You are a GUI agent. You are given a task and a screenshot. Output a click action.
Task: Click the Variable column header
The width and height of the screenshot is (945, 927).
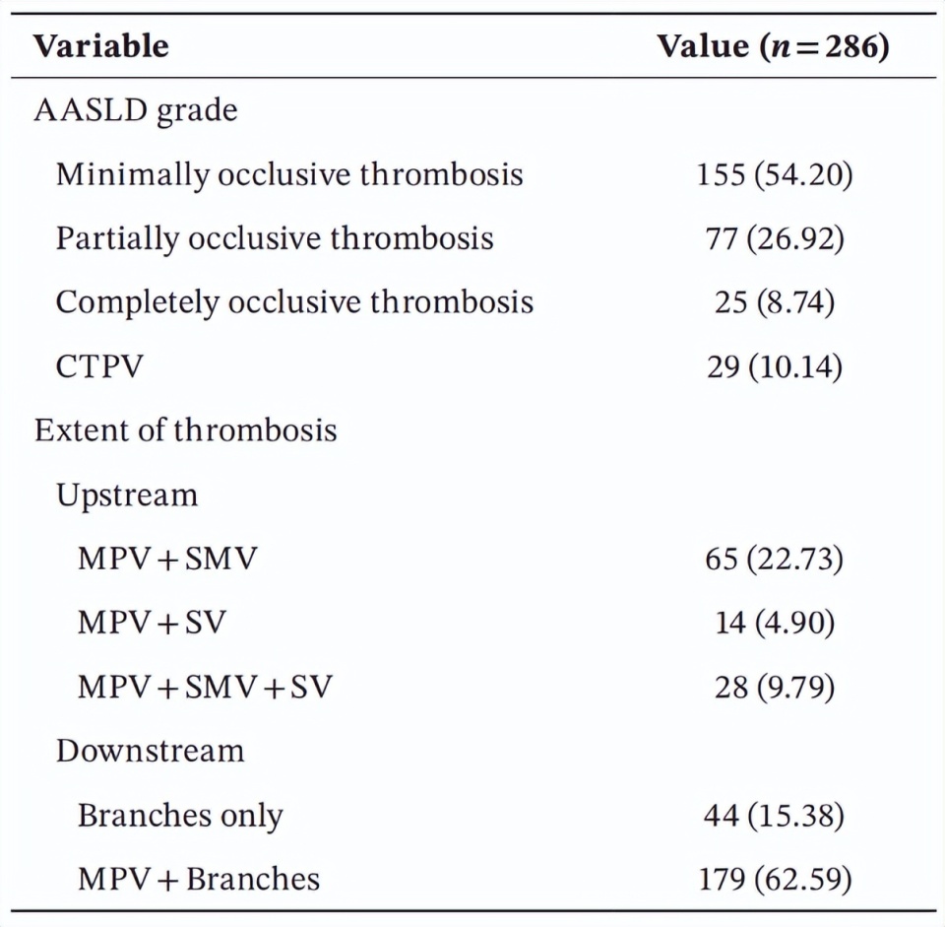[x=101, y=46]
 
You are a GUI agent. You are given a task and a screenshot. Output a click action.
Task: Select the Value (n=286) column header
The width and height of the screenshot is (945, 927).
[x=774, y=46]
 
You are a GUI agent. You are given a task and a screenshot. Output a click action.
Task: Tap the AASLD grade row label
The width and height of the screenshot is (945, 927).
[x=136, y=109]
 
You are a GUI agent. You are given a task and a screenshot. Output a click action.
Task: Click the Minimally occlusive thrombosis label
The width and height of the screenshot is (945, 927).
[x=289, y=174]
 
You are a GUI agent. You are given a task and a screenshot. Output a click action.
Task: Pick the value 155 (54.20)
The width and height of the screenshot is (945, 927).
[x=775, y=174]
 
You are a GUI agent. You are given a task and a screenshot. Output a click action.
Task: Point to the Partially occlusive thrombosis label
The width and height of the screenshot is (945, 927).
[x=275, y=238]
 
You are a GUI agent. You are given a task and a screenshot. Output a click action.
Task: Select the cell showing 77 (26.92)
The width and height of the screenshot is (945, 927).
[x=775, y=238]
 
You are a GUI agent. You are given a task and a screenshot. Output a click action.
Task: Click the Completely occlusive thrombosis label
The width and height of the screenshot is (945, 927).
[x=294, y=302]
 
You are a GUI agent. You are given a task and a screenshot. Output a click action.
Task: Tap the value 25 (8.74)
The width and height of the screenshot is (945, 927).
[x=775, y=302]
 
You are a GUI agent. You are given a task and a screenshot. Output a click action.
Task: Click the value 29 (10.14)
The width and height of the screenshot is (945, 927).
[x=775, y=366]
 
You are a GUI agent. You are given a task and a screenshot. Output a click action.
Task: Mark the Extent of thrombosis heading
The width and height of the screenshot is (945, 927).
[x=186, y=430]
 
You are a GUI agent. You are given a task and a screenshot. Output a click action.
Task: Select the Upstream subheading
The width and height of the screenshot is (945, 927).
[x=127, y=495]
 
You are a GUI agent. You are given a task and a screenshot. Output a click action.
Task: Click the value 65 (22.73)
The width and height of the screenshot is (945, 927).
[x=775, y=559]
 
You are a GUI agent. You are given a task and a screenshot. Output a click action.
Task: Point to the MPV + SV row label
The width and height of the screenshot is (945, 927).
[x=152, y=623]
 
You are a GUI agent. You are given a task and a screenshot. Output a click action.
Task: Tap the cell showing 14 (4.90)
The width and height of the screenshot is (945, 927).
[x=775, y=623]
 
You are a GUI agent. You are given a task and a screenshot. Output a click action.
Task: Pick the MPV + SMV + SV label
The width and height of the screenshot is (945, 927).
[x=205, y=687]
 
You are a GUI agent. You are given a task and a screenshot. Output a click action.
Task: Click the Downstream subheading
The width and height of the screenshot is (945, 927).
[x=150, y=751]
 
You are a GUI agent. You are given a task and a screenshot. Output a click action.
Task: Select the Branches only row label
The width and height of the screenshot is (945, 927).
[x=180, y=816]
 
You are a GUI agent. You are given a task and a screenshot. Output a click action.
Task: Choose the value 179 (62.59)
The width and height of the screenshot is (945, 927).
[x=775, y=879]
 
